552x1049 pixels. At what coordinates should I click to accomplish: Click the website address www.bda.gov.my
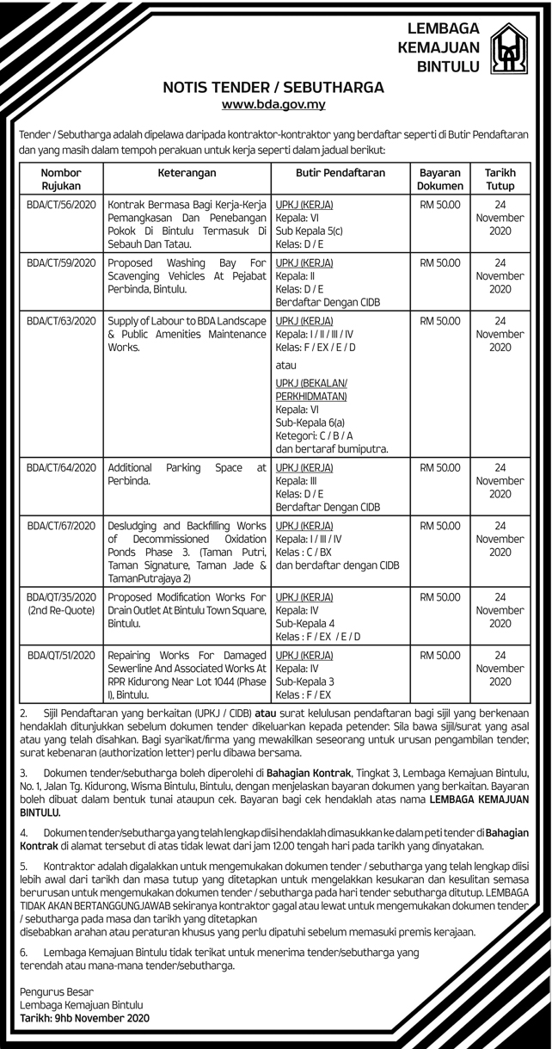tap(273, 105)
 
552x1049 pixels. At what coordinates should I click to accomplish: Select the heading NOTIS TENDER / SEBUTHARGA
tap(273, 88)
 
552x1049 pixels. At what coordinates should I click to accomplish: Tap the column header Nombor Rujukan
tap(61, 179)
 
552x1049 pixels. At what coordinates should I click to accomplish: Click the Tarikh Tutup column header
tap(500, 179)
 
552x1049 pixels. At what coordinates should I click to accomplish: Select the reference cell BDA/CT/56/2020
tap(61, 206)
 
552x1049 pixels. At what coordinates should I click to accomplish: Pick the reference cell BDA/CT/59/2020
tap(61, 262)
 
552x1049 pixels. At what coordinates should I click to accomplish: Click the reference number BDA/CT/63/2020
tap(61, 321)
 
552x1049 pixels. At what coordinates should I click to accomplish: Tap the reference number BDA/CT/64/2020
tap(61, 467)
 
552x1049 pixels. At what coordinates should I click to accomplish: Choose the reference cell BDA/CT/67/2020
tap(61, 525)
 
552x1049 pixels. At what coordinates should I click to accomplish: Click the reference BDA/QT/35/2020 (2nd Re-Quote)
tap(61, 602)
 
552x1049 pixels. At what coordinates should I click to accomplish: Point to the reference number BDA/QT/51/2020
tap(61, 655)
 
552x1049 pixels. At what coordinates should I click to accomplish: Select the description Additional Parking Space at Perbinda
tap(187, 474)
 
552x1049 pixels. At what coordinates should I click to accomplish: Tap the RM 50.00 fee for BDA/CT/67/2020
tap(440, 525)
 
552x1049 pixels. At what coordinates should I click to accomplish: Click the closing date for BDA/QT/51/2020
tap(500, 668)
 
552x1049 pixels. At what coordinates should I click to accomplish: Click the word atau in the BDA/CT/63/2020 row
tap(286, 365)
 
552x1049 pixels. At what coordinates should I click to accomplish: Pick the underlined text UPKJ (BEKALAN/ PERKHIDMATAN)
tap(311, 389)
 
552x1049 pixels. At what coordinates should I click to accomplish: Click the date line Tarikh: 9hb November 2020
tap(84, 1018)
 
